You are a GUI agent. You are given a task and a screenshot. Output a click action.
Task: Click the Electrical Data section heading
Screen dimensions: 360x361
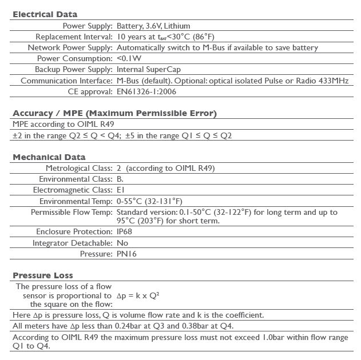point(45,14)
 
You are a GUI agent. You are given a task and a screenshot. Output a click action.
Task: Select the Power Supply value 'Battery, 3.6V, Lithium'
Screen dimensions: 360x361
point(153,26)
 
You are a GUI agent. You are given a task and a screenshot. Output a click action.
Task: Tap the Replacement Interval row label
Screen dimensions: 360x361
point(74,37)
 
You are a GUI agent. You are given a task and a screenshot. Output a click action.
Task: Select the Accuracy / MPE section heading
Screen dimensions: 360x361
point(114,113)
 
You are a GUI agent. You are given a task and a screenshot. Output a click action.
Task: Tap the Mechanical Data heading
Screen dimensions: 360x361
point(49,157)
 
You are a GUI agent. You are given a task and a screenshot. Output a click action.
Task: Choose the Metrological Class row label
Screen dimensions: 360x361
point(79,168)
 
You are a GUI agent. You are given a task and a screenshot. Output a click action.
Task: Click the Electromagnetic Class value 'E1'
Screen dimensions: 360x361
point(120,190)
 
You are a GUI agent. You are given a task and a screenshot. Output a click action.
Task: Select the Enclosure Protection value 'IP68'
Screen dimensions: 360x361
point(124,232)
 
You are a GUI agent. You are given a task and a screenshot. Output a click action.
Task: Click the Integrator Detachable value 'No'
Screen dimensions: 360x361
point(122,243)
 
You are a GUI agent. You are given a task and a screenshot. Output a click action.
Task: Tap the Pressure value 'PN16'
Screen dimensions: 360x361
point(126,254)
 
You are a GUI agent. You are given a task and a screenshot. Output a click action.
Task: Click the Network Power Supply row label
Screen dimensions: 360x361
point(70,47)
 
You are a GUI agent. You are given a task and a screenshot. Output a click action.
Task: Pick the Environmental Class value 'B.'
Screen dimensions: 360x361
point(120,179)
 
